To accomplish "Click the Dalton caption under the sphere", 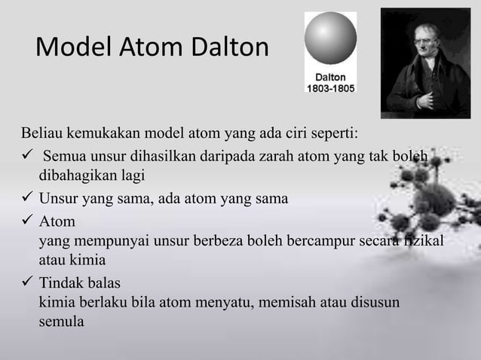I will point(329,77).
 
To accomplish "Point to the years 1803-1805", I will point(329,87).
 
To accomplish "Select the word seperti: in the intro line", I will point(335,136).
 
